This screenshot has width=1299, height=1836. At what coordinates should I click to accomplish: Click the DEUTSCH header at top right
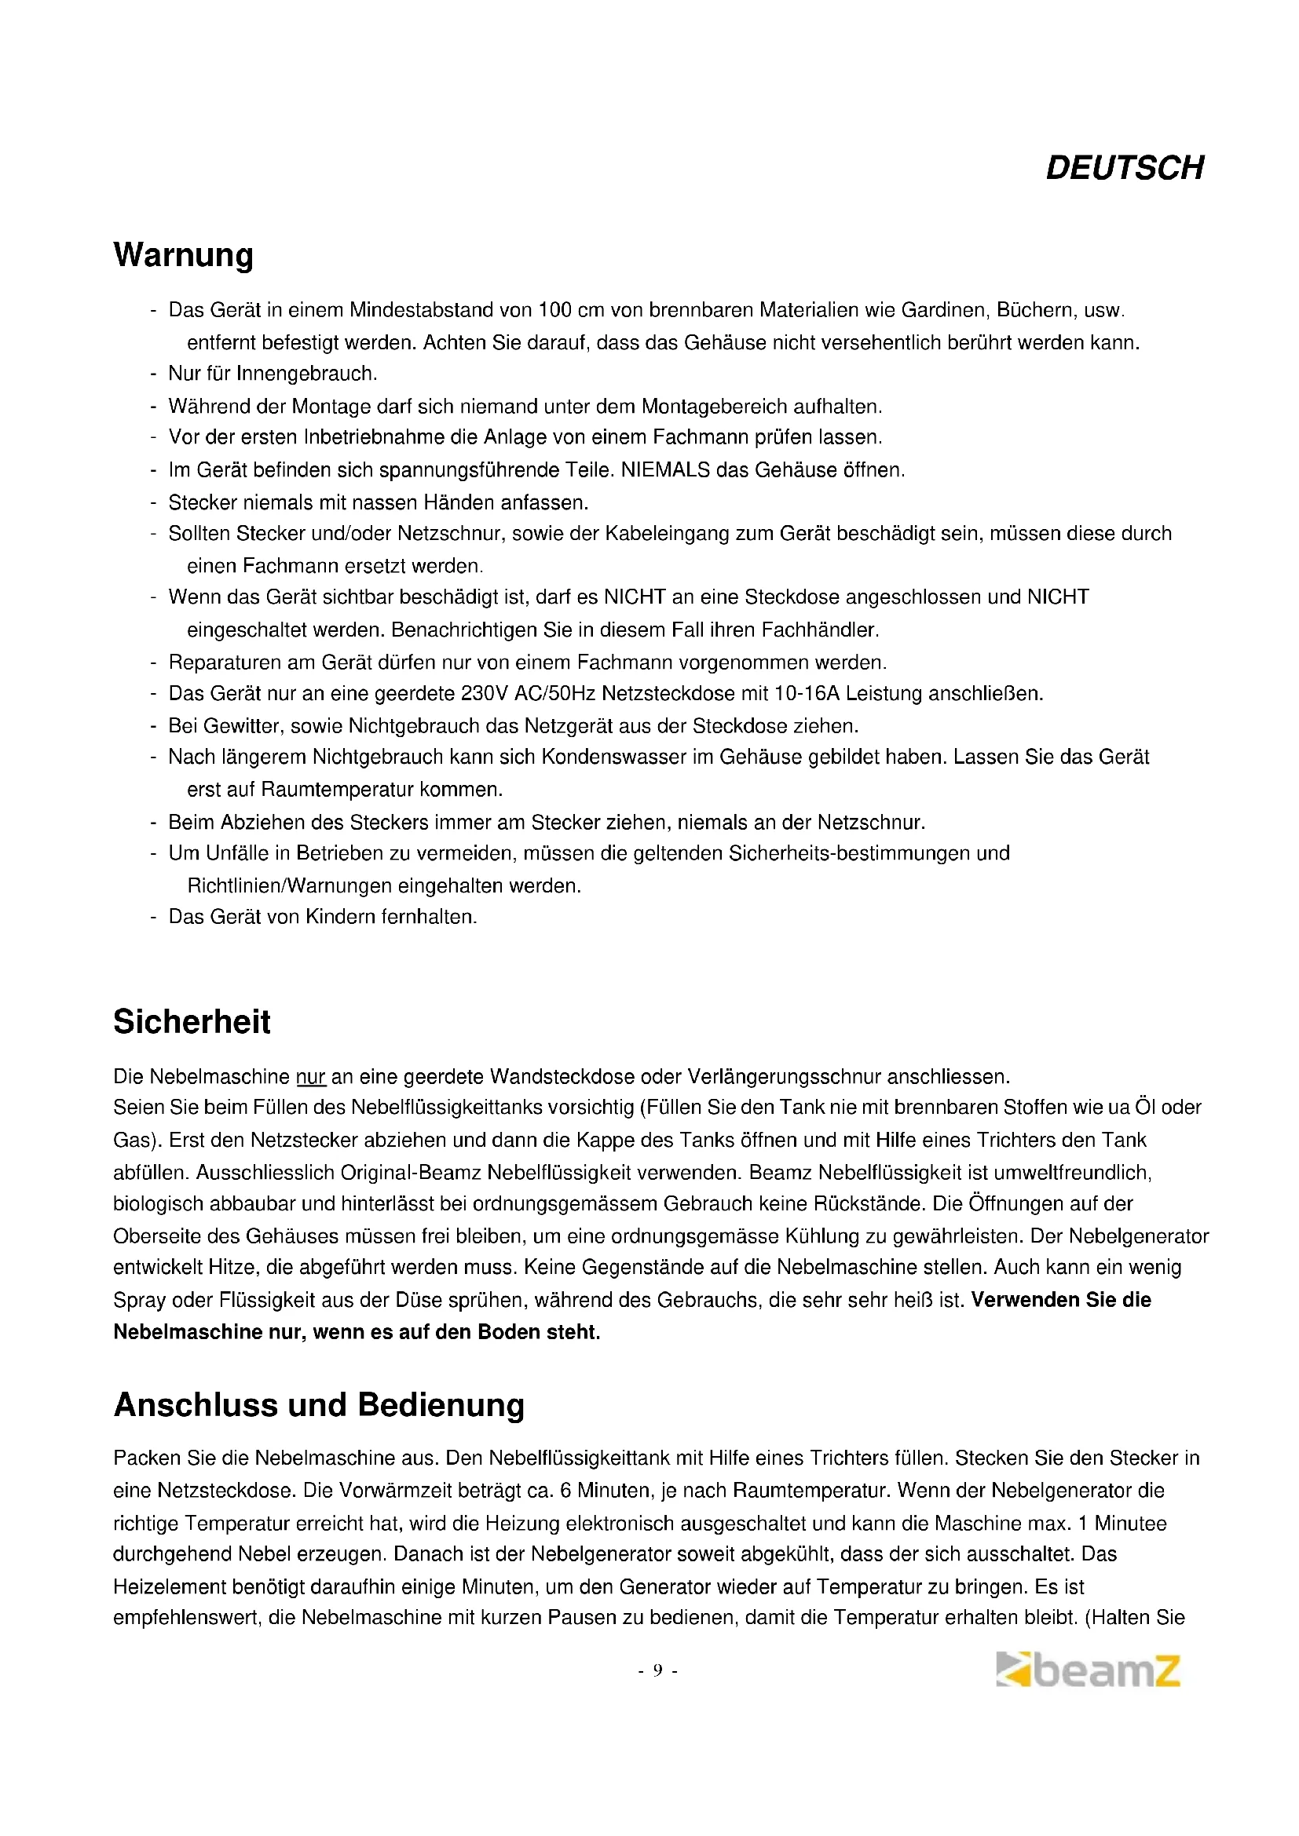1124,168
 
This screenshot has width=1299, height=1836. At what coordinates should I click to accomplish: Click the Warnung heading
183,255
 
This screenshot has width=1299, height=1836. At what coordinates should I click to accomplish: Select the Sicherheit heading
192,1022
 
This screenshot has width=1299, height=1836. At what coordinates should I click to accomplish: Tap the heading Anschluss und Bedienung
318,1405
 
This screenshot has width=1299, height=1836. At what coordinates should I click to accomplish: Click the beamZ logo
1088,1670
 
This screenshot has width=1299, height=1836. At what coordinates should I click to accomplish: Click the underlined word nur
310,1077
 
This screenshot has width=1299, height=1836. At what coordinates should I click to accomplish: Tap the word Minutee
1131,1524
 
